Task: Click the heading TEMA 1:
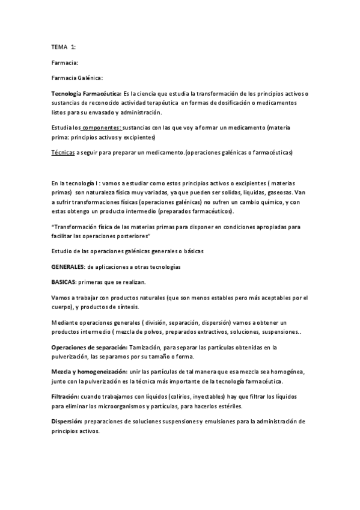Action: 64,46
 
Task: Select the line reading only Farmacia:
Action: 65,62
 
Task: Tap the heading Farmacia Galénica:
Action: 78,78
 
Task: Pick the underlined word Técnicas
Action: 63,153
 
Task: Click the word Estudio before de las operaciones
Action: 63,250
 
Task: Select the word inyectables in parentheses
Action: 221,398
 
